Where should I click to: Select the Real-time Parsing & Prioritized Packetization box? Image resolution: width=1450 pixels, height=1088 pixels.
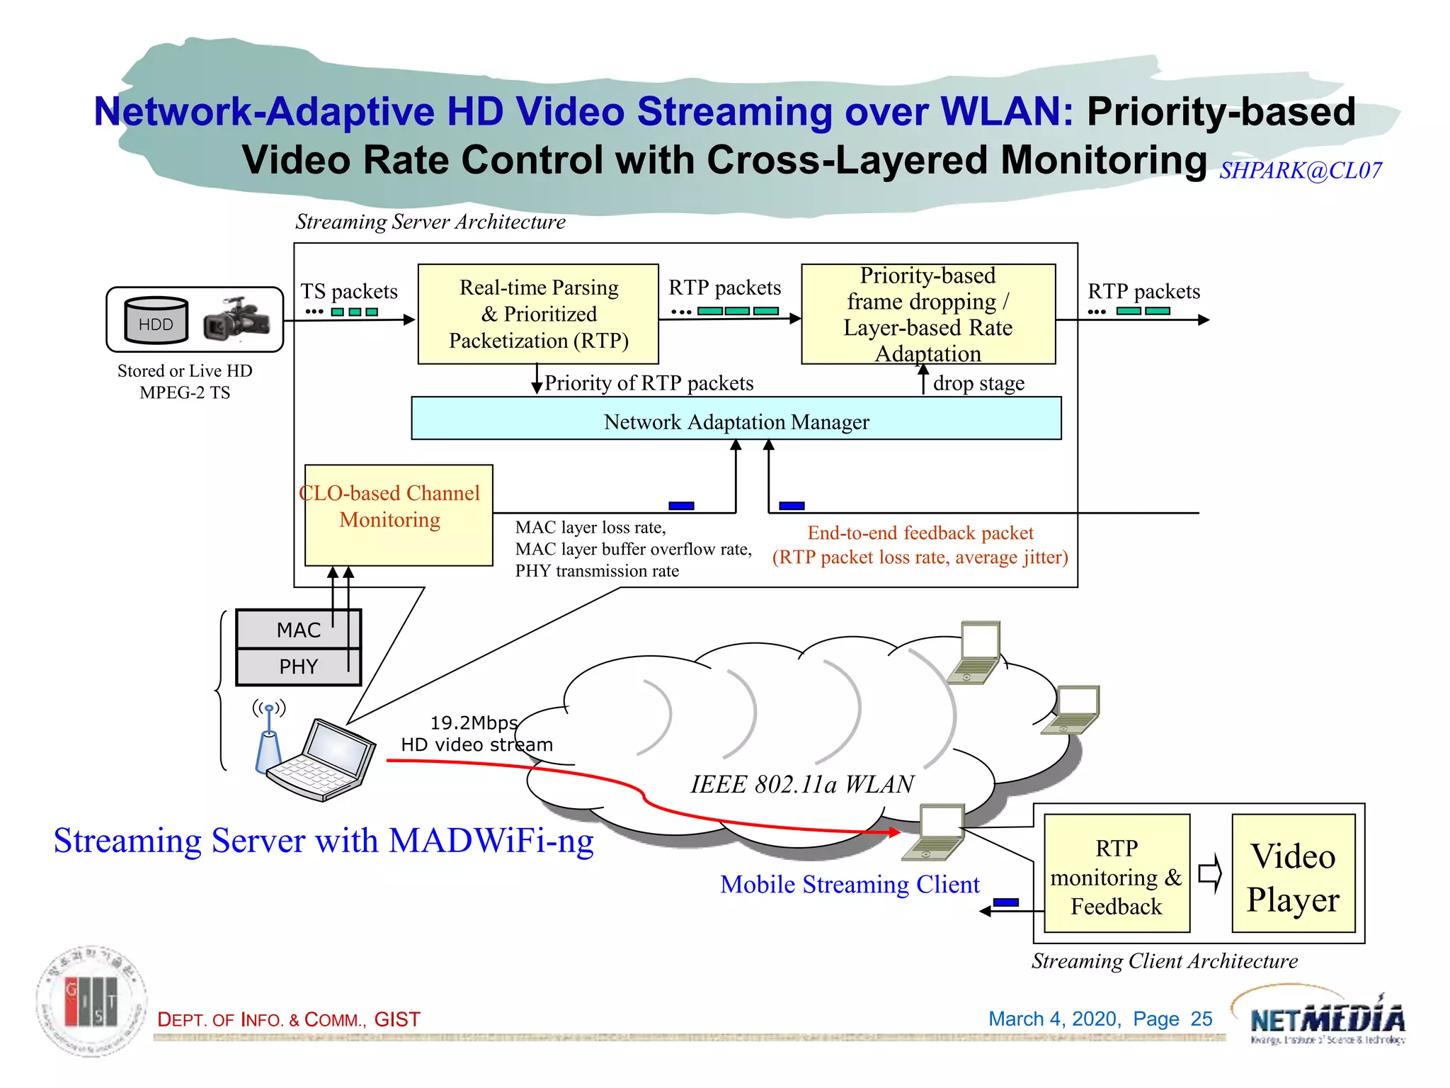pos(538,314)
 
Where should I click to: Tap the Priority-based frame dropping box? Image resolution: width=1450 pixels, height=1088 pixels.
pos(927,314)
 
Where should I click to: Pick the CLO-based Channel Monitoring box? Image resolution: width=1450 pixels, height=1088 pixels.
pos(398,515)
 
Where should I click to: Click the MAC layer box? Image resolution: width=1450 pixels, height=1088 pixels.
pos(298,629)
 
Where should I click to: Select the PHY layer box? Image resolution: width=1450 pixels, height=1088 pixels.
pos(298,667)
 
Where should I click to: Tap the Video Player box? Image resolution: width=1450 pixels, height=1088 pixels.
pos(1293,873)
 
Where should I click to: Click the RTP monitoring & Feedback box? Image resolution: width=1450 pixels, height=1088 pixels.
pos(1117,873)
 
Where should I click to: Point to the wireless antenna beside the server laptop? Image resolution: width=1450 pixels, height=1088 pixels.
pos(269,737)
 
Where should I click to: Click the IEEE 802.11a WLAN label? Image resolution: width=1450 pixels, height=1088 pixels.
pos(801,784)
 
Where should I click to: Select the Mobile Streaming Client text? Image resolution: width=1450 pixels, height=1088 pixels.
pos(850,884)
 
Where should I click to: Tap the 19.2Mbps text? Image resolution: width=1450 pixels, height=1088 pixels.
pos(474,722)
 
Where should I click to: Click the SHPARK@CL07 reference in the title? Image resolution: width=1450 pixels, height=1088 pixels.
pos(1300,171)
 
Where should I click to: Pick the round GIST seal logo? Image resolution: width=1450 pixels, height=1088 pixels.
pos(92,1001)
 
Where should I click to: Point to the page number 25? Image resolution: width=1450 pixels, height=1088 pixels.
pos(1201,1019)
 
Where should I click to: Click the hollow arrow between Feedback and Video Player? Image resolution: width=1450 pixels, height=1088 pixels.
pos(1210,873)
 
